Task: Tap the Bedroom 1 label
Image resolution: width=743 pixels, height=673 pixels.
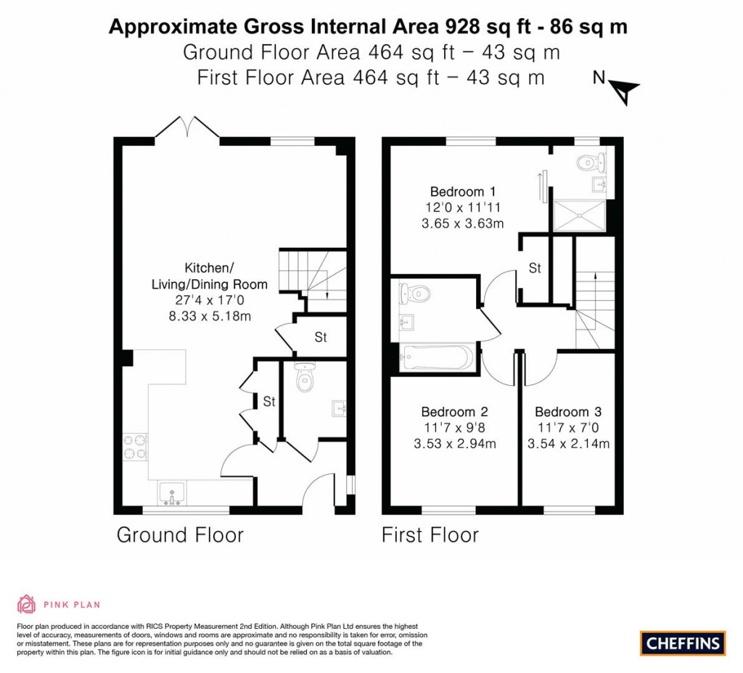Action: (463, 192)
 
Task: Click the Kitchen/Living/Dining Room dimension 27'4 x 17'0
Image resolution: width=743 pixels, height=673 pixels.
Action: (209, 300)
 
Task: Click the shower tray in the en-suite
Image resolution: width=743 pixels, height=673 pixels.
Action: (579, 215)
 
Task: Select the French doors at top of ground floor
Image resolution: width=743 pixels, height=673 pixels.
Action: (188, 128)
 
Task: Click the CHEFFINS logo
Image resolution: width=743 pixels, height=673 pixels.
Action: (683, 643)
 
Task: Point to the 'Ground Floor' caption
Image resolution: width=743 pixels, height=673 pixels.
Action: (180, 536)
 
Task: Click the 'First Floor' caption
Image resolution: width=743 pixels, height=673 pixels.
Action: (430, 536)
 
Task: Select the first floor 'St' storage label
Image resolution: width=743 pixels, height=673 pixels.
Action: (535, 268)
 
